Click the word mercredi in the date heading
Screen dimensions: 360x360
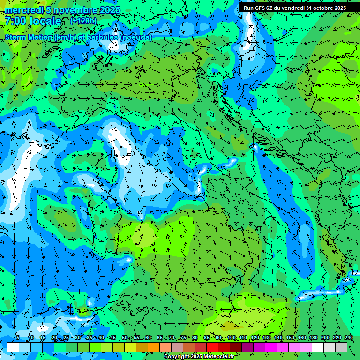pyautogui.click(x=23, y=10)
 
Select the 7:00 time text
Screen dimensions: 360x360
pyautogui.click(x=15, y=21)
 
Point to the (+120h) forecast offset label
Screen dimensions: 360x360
pyautogui.click(x=83, y=21)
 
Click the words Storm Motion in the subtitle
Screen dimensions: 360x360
pyautogui.click(x=29, y=37)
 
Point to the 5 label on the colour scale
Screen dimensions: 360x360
pyautogui.click(x=18, y=337)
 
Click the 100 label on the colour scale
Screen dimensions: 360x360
pyautogui.click(x=231, y=337)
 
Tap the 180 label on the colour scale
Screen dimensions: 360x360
pyautogui.click(x=313, y=337)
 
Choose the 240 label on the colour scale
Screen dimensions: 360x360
pyautogui.click(x=348, y=337)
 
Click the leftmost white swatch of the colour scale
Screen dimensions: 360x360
pyautogui.click(x=13, y=347)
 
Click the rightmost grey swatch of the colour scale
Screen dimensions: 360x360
pyautogui.click(x=341, y=347)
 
